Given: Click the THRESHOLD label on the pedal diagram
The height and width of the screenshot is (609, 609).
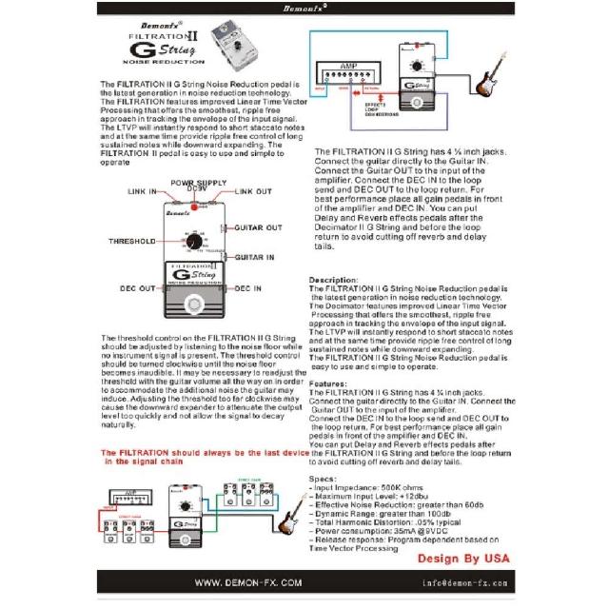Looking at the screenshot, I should (x=131, y=242).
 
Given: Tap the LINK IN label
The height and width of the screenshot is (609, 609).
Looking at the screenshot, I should (x=142, y=191).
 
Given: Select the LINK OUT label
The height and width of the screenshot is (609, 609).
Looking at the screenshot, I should (x=252, y=191).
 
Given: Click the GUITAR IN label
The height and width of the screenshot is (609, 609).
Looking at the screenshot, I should (x=256, y=257).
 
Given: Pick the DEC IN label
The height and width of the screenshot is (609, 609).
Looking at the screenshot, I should (x=247, y=287).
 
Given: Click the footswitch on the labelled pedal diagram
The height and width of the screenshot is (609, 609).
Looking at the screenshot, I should (x=198, y=305).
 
